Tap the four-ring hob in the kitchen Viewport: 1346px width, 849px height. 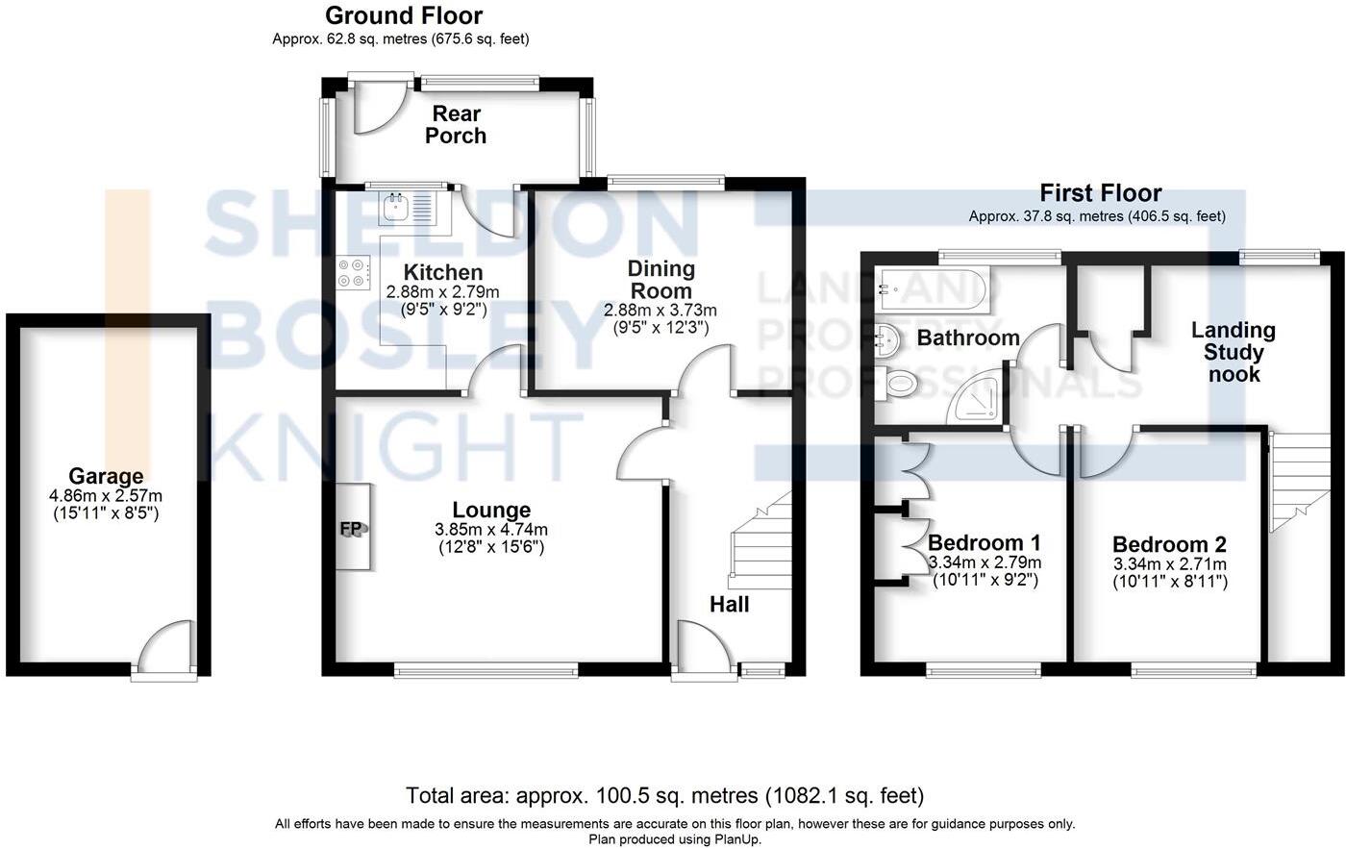354,273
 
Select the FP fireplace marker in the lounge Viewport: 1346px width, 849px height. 351,529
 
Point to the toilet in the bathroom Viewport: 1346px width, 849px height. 897,383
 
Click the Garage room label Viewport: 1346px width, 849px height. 106,476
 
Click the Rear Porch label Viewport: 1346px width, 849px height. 456,124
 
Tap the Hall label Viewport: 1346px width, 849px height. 729,604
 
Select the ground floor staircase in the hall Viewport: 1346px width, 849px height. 760,539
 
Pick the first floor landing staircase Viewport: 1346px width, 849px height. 1299,482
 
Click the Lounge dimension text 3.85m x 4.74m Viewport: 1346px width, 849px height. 491,530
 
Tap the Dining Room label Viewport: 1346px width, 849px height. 661,280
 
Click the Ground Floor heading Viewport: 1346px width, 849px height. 404,15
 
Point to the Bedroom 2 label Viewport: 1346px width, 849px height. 1169,544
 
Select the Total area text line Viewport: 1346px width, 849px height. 665,795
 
